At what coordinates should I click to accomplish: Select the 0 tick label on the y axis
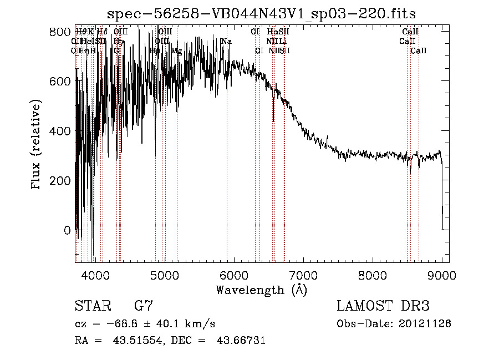[x=67, y=230]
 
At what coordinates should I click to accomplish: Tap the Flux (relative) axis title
[x=37, y=145]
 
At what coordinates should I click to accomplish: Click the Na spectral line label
[x=226, y=42]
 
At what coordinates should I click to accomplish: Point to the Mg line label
[x=176, y=51]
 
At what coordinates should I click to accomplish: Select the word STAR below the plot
[x=91, y=306]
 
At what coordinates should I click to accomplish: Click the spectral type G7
[x=143, y=306]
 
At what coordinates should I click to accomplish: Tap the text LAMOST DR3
[x=383, y=306]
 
